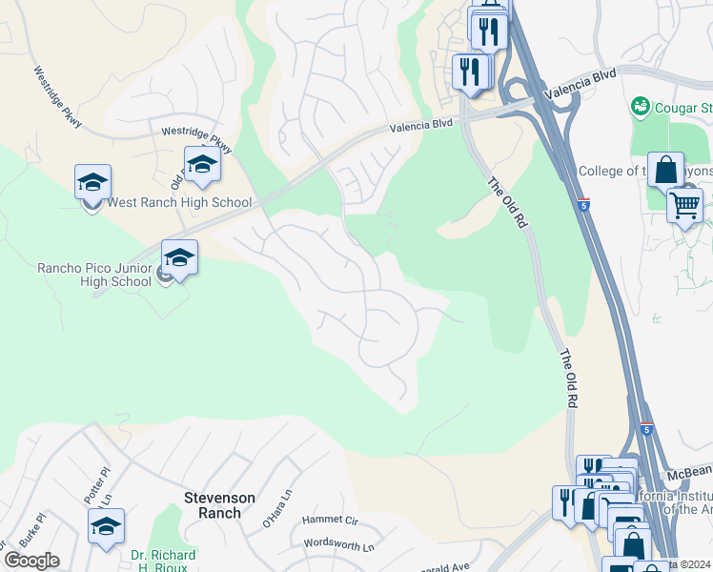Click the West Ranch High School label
(179, 202)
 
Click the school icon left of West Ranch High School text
(93, 183)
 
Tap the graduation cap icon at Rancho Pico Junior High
(179, 258)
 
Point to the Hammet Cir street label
(330, 521)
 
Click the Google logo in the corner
(31, 561)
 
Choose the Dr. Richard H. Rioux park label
(163, 562)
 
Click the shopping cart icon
(684, 205)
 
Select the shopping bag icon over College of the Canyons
(665, 171)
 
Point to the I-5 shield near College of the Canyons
(583, 204)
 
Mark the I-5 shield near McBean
(647, 430)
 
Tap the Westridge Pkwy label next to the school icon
(196, 137)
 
